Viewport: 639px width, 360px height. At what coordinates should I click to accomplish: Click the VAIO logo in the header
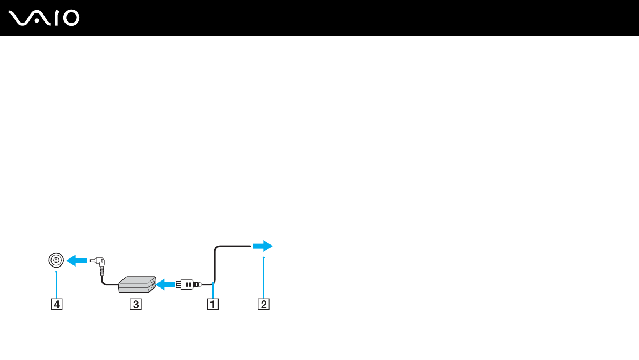coord(44,18)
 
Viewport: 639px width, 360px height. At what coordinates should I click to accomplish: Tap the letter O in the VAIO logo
coord(70,18)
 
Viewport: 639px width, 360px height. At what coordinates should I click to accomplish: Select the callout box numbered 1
coord(213,305)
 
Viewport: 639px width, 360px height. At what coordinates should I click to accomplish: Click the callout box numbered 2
coord(264,305)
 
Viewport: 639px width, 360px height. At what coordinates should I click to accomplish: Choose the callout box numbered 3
coord(136,305)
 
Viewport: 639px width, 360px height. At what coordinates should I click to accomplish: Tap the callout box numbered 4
coord(56,305)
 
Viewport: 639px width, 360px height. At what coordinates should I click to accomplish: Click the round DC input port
coord(56,261)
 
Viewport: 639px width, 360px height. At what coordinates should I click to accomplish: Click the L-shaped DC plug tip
coord(97,263)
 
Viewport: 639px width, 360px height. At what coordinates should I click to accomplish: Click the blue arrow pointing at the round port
coord(76,261)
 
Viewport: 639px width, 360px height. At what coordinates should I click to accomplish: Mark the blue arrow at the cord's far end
coord(263,246)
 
